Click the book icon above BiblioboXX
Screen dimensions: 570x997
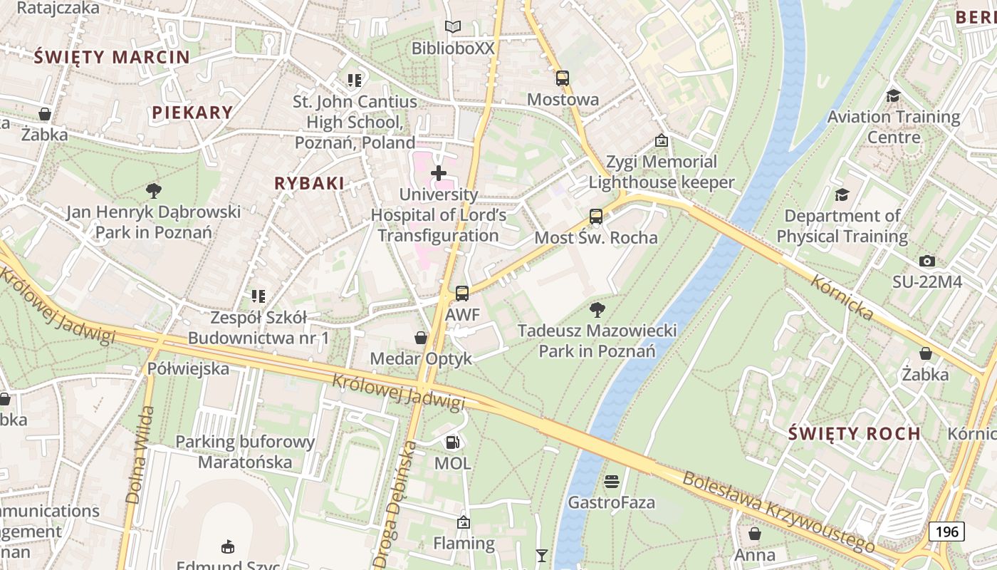(453, 27)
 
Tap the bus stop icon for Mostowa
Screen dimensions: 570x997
(563, 78)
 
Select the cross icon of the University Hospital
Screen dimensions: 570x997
(439, 172)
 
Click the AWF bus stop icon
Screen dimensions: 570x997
(462, 293)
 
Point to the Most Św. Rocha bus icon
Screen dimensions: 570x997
(596, 217)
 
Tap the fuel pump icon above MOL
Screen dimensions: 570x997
(452, 442)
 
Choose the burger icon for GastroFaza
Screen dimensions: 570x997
(611, 482)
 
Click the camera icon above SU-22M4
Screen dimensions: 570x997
(926, 261)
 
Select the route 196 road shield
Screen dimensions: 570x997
(946, 531)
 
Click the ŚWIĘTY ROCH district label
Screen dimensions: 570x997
(855, 433)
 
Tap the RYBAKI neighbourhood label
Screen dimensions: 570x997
(309, 183)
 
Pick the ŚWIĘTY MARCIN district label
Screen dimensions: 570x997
(112, 57)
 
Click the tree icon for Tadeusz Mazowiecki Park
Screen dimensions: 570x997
(597, 309)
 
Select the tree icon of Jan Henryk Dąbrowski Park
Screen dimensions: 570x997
(153, 190)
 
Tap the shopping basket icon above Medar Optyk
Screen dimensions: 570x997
(422, 337)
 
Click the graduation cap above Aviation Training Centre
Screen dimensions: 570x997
(893, 95)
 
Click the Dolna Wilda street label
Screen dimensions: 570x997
(140, 455)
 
